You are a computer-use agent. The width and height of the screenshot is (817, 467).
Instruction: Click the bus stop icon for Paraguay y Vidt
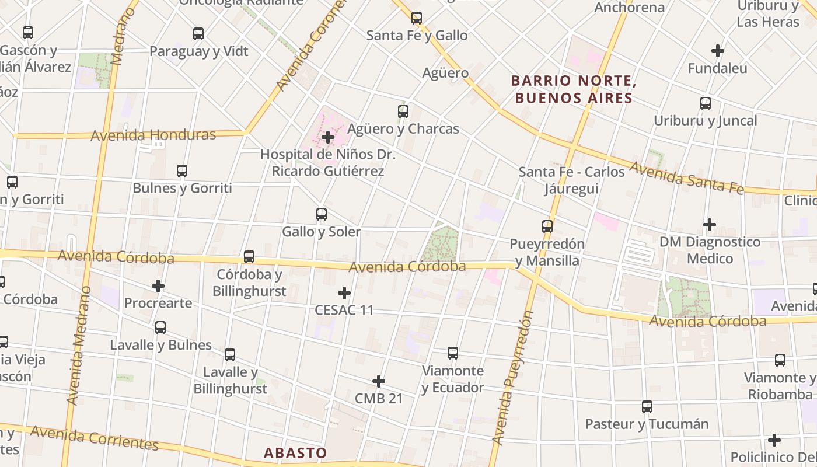[198, 34]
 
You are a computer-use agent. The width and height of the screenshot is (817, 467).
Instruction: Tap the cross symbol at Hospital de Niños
[328, 138]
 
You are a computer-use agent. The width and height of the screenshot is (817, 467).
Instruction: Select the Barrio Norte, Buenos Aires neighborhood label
[574, 89]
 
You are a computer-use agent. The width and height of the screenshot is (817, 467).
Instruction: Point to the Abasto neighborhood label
[295, 452]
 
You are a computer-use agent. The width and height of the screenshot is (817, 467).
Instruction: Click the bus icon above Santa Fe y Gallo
[416, 18]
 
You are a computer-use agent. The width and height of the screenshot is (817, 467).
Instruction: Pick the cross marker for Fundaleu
[718, 51]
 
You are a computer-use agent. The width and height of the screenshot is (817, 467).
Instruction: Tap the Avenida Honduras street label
[153, 135]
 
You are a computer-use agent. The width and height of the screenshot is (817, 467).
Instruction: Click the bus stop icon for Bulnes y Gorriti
[182, 171]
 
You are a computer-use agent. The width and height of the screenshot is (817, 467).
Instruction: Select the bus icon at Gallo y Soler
[321, 214]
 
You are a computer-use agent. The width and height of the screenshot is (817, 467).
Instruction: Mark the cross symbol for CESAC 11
[344, 292]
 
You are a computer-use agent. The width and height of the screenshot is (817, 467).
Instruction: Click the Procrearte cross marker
[158, 286]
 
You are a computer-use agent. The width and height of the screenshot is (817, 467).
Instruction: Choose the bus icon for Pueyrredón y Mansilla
[547, 226]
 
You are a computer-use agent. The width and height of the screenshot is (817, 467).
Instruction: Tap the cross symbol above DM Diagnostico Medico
[710, 225]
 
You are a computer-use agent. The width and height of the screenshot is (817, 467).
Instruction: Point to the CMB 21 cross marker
[379, 381]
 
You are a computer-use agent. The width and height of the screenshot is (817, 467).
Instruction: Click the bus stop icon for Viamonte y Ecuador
[452, 353]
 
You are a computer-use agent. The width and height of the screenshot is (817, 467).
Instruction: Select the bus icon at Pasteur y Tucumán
[647, 407]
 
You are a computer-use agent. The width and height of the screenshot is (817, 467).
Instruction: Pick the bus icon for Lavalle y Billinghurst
[230, 355]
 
